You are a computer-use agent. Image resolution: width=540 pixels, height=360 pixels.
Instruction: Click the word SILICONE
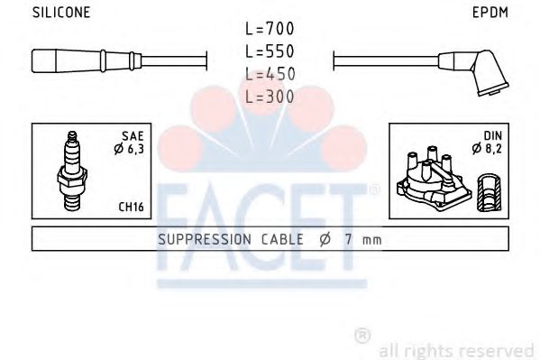(61, 13)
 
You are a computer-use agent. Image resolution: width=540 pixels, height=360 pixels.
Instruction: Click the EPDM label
(490, 13)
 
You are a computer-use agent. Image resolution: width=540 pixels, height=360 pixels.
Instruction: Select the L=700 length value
(270, 28)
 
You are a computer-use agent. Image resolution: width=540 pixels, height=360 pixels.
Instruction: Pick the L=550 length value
(270, 51)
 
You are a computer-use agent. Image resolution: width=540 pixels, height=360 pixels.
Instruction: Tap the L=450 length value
(270, 74)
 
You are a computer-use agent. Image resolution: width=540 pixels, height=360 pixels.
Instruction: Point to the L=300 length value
(270, 97)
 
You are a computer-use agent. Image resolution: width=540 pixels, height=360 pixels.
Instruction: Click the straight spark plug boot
(87, 60)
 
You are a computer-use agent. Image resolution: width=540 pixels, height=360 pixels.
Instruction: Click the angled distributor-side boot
(474, 71)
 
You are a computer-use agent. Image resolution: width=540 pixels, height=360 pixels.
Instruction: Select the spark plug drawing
(72, 171)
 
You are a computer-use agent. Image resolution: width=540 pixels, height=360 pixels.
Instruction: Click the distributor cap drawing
(434, 179)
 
